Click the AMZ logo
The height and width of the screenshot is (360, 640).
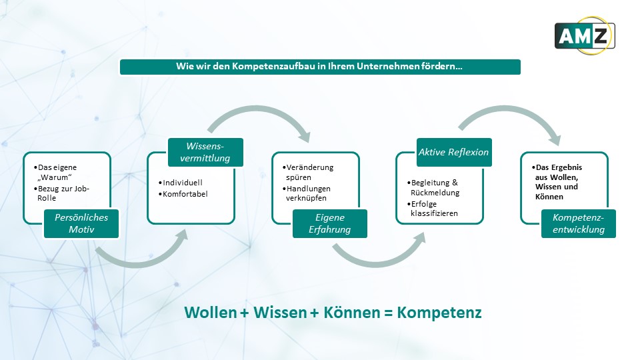pyautogui.click(x=585, y=35)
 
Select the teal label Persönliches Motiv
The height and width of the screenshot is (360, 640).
pyautogui.click(x=81, y=223)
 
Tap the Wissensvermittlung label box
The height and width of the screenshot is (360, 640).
pyautogui.click(x=205, y=152)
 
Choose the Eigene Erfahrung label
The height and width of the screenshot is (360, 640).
pyautogui.click(x=330, y=223)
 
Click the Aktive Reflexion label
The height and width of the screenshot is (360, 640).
pyautogui.click(x=454, y=152)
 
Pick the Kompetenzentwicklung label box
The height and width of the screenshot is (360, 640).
pyautogui.click(x=579, y=223)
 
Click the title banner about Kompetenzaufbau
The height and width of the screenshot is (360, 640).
pyautogui.click(x=320, y=67)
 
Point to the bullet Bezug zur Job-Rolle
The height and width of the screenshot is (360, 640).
pyautogui.click(x=61, y=193)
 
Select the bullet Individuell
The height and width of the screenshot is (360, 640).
pyautogui.click(x=181, y=183)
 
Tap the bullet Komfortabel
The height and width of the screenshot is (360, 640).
pyautogui.click(x=183, y=194)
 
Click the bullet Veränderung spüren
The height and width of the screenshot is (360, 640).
pyautogui.click(x=308, y=172)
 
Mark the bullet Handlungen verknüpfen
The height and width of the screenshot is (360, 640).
pyautogui.click(x=306, y=193)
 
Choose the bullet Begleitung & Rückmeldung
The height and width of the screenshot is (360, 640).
pyautogui.click(x=433, y=187)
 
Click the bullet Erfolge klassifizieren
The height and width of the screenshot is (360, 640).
pyautogui.click(x=432, y=208)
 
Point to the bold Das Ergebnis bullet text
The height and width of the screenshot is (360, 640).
pyautogui.click(x=557, y=181)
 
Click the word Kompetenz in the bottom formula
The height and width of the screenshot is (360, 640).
pyautogui.click(x=439, y=313)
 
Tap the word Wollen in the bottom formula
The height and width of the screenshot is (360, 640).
pyautogui.click(x=210, y=313)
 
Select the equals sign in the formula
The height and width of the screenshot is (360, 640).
pyautogui.click(x=388, y=313)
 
